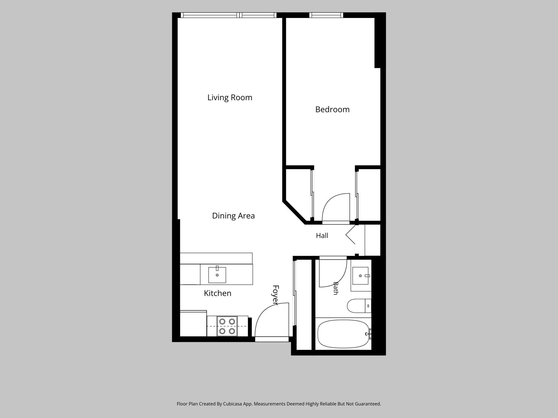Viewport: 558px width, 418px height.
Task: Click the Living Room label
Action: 230,98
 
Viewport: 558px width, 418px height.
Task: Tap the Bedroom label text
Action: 332,109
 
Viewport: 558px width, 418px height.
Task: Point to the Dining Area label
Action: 233,216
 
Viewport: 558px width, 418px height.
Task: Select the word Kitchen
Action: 218,293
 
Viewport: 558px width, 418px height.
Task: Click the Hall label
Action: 322,236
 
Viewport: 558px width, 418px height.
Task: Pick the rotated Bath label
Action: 335,288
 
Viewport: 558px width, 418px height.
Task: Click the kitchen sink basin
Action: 217,275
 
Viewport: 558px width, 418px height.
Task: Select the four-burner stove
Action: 227,326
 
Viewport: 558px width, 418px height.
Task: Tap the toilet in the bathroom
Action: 359,306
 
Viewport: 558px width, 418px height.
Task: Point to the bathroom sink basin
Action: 360,275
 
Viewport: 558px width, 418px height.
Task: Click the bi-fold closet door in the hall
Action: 350,236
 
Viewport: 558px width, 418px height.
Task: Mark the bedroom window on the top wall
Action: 326,15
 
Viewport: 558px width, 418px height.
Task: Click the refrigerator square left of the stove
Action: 193,323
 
